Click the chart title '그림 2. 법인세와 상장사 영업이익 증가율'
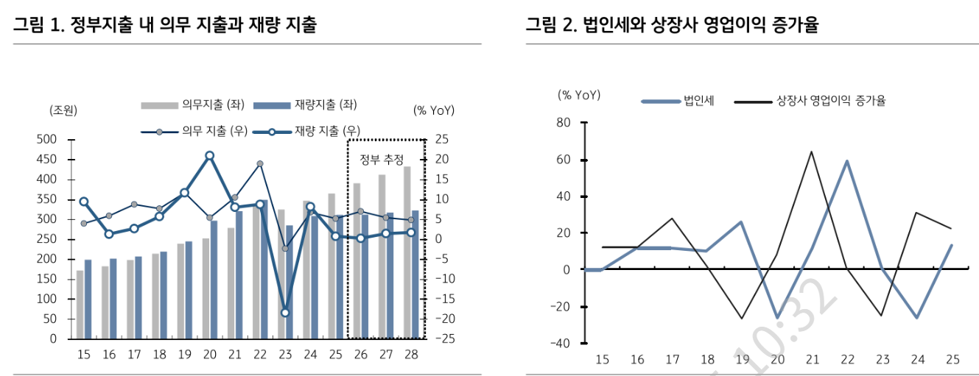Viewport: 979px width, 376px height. [x=671, y=25]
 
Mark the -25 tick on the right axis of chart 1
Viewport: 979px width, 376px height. [x=446, y=339]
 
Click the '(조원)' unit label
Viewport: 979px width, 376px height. [x=63, y=110]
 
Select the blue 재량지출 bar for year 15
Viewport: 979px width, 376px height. [x=88, y=299]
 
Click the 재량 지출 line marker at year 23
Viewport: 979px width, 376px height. [x=285, y=313]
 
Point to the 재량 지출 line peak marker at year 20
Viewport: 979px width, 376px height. [x=209, y=155]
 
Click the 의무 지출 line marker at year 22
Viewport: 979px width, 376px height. [x=259, y=164]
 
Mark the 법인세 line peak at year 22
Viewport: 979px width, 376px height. [x=847, y=161]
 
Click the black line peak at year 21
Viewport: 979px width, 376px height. [x=811, y=152]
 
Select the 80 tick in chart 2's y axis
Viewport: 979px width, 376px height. [x=563, y=123]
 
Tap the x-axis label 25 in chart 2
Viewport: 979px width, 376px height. [x=952, y=360]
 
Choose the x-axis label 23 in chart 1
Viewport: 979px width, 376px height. [x=284, y=355]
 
